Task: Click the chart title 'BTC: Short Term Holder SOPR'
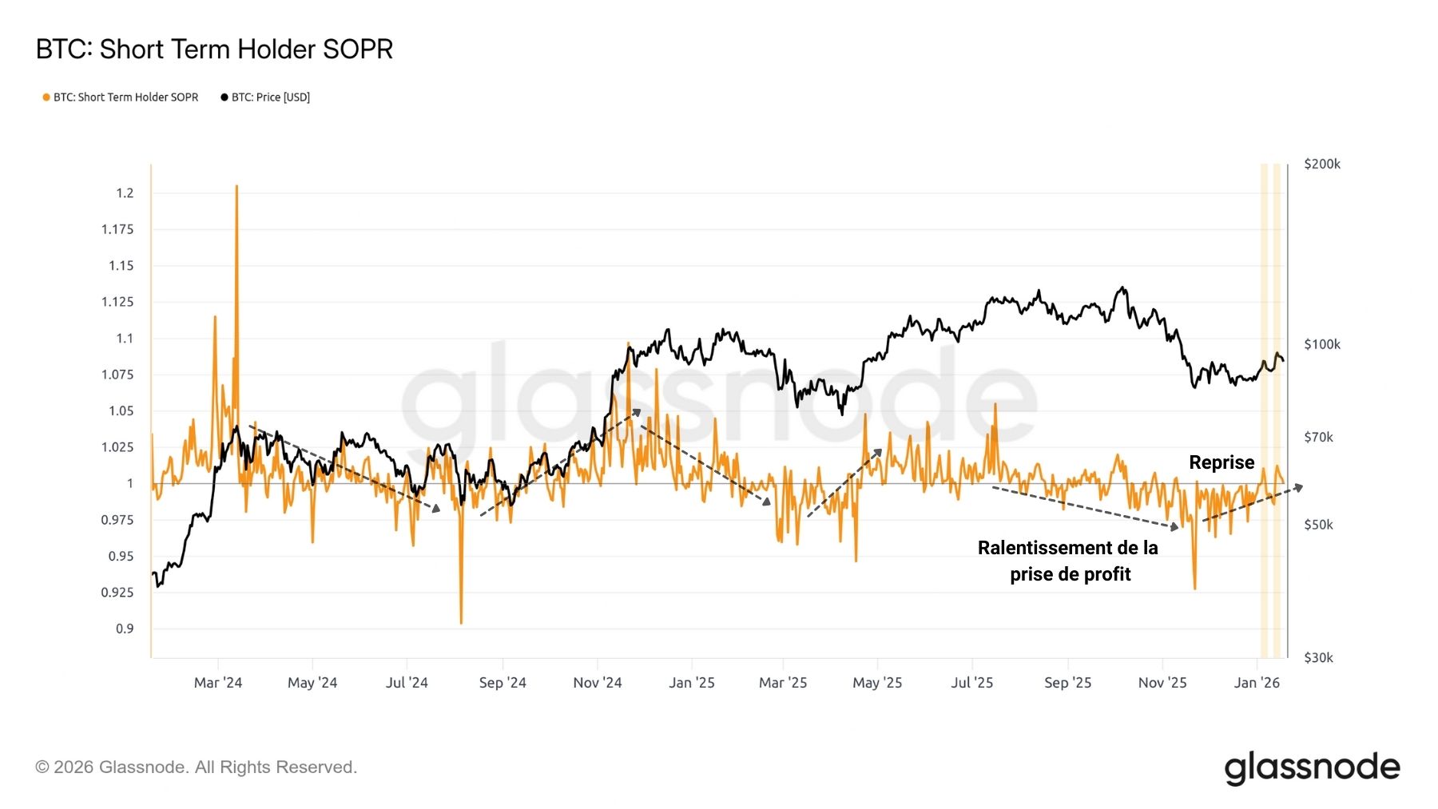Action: coord(214,50)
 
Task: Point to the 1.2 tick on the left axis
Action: coord(125,193)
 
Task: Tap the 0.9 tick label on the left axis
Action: coord(125,629)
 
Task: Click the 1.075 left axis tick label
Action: coord(117,375)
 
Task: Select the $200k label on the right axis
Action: coord(1322,165)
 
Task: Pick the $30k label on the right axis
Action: coord(1318,658)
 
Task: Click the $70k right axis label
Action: coord(1318,438)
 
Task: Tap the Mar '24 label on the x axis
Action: coord(217,683)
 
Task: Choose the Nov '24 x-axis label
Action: coord(597,683)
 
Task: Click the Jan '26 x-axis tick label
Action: coord(1257,683)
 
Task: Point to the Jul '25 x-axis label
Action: coord(971,683)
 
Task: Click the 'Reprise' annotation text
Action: coord(1222,462)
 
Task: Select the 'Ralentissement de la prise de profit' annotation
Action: coord(1068,561)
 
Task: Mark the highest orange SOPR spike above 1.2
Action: coord(236,187)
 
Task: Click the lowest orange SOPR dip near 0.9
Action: coord(461,622)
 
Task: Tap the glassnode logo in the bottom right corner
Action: coord(1312,767)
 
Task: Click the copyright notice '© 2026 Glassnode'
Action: coord(196,767)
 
